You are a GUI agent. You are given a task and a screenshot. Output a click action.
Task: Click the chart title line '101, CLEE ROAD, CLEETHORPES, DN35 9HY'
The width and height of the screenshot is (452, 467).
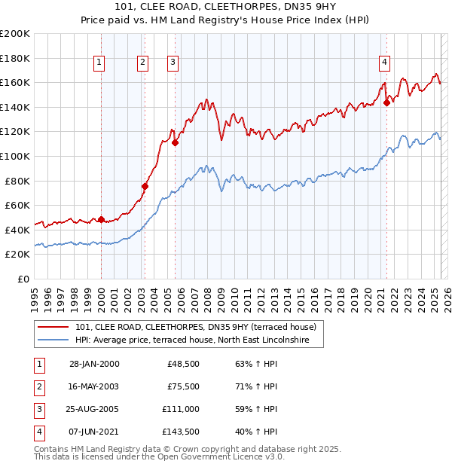point(225,8)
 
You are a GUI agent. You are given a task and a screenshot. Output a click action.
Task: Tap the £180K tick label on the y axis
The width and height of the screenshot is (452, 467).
point(15,58)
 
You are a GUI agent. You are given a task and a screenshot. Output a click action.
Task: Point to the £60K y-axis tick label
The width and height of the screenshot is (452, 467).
point(17,205)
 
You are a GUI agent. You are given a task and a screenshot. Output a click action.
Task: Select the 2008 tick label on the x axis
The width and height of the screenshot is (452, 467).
point(207,295)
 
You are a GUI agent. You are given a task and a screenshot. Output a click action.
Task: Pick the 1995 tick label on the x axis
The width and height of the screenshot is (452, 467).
point(35,295)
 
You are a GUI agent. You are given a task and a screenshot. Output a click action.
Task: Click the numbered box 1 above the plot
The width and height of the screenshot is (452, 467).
point(100,63)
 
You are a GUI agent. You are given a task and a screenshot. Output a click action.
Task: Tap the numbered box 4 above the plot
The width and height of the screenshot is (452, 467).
point(384,63)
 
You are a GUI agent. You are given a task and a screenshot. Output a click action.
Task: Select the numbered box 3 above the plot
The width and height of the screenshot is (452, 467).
point(173,63)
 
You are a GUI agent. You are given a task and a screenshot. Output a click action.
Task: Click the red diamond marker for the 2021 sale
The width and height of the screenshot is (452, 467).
point(386,103)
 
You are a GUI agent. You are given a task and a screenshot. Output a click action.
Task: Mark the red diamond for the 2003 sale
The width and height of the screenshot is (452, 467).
point(145,186)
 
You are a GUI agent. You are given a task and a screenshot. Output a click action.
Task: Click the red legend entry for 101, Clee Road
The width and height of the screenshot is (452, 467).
point(200,327)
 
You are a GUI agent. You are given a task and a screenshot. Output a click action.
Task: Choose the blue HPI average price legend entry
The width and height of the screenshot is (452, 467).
point(199,340)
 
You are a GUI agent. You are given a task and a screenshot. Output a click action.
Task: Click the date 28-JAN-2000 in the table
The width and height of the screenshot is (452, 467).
point(94,364)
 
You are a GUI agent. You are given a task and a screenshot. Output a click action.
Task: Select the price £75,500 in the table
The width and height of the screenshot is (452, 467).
point(182,386)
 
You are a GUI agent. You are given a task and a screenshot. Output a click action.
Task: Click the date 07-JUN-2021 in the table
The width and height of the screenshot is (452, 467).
point(94,432)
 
